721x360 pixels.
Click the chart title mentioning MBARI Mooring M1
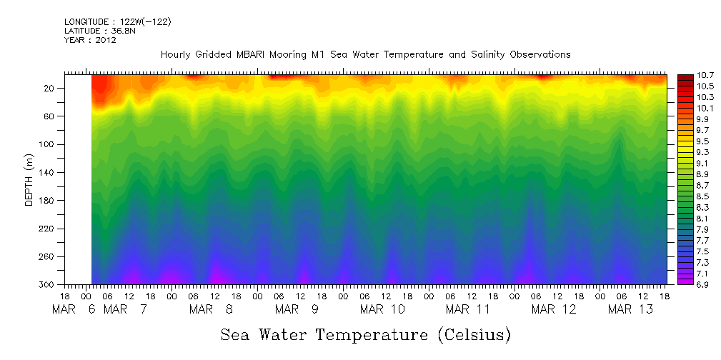[365, 54]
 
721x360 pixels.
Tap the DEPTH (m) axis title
[29, 183]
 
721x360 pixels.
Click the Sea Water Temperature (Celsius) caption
[365, 334]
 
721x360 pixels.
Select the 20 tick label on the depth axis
[51, 89]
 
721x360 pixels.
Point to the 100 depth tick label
[48, 145]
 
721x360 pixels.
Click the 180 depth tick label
[48, 201]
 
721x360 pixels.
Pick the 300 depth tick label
[48, 285]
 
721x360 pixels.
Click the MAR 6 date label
[73, 309]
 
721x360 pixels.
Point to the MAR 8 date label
[211, 309]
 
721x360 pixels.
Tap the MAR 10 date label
[382, 309]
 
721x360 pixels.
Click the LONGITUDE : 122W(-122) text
[117, 22]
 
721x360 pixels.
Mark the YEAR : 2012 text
[90, 40]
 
